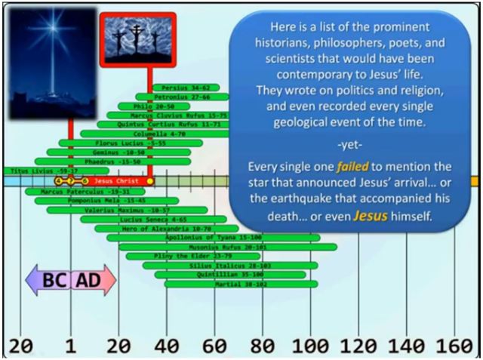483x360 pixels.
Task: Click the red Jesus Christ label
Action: pyautogui.click(x=113, y=181)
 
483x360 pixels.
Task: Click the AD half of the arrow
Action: pyautogui.click(x=92, y=280)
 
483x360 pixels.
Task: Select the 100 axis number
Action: pyautogui.click(x=310, y=346)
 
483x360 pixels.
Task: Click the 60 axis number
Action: pyautogui.click(x=214, y=346)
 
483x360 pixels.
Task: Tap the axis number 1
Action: pyautogui.click(x=70, y=346)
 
